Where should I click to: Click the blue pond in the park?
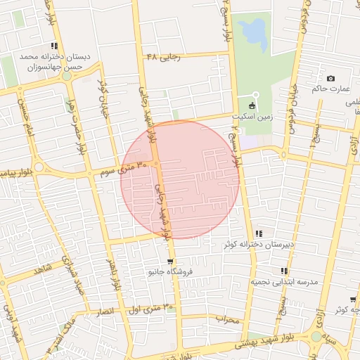pyautogui.click(x=252, y=31)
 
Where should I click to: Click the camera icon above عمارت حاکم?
pyautogui.click(x=330, y=78)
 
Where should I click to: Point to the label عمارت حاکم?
pyautogui.click(x=331, y=89)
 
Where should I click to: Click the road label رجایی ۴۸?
pyautogui.click(x=164, y=56)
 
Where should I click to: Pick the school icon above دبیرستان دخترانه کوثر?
pyautogui.click(x=259, y=233)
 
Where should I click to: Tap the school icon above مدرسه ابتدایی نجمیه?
pyautogui.click(x=284, y=271)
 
